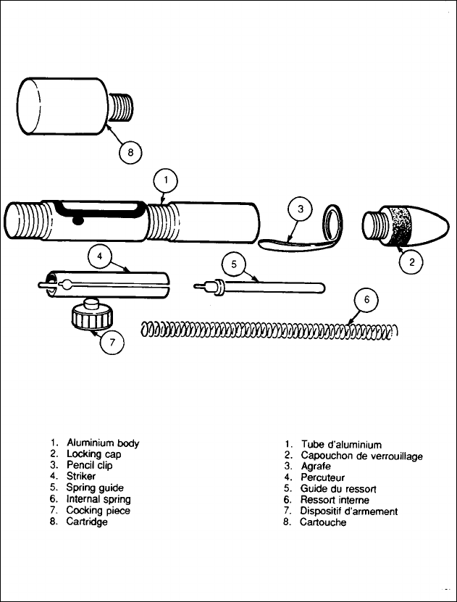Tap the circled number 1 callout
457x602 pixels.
(x=166, y=179)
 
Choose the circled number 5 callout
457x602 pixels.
(x=234, y=264)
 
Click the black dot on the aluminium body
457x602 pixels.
(x=78, y=219)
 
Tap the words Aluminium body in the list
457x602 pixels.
(x=103, y=443)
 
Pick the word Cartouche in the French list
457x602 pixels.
(x=323, y=522)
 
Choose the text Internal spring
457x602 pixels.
(x=98, y=499)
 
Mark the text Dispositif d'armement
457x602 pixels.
(x=349, y=511)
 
